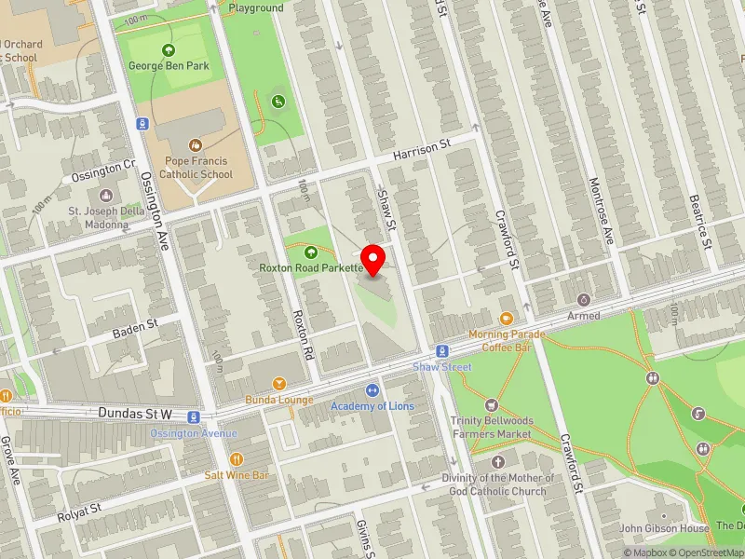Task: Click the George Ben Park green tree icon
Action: pos(169,50)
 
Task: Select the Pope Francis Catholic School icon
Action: pos(195,145)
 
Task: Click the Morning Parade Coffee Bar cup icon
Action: pos(506,318)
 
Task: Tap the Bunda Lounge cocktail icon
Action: pos(278,384)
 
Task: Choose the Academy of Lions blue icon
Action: pos(372,390)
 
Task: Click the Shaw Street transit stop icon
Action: pos(443,351)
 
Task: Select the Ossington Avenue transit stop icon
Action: pos(194,417)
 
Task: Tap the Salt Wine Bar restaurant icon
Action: pos(237,458)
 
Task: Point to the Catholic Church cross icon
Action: pos(497,462)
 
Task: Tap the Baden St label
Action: pos(136,327)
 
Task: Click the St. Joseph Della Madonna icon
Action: pos(104,196)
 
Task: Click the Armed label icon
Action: pos(584,300)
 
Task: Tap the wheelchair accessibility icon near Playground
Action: pos(277,101)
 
